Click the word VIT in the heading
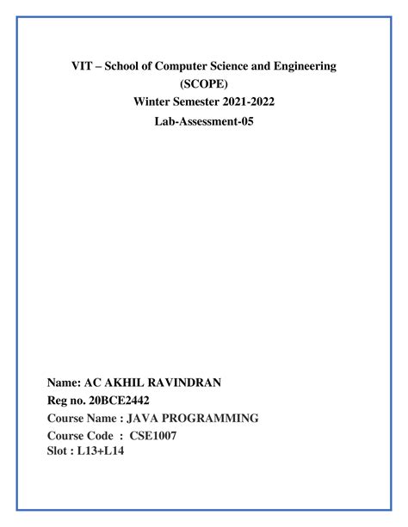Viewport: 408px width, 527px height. pos(82,66)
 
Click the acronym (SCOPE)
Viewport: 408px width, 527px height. pos(205,84)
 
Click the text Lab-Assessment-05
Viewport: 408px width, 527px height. pos(205,122)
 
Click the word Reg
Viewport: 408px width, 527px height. pos(60,400)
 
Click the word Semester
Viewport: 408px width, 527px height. pos(202,103)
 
